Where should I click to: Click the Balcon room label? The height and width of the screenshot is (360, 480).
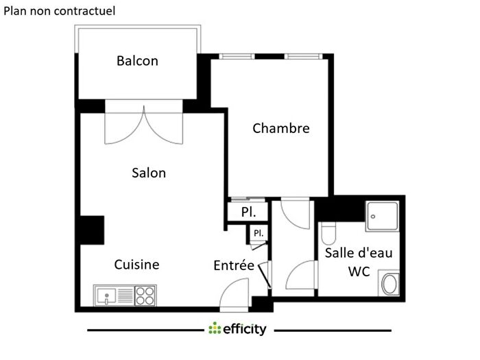(137, 61)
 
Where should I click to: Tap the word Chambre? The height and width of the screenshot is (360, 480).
(281, 128)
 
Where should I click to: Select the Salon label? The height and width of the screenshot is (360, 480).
(149, 173)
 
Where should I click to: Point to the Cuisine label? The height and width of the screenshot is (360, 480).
(136, 265)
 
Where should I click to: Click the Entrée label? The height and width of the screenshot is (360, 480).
(234, 265)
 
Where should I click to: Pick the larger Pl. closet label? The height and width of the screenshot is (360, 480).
(248, 213)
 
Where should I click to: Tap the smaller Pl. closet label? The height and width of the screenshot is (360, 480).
(259, 233)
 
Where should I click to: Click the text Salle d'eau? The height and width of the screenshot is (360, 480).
(359, 252)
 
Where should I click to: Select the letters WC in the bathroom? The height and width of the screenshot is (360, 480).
(359, 272)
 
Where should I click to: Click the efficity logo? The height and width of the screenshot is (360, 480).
(238, 329)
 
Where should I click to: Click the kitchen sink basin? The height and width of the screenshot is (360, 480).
(106, 296)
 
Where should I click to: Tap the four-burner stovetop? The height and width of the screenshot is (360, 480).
(145, 296)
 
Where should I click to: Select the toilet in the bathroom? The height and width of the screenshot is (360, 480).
(328, 234)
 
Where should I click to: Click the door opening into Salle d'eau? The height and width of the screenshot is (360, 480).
(300, 278)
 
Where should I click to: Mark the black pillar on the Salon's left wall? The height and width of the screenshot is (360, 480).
(91, 230)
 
